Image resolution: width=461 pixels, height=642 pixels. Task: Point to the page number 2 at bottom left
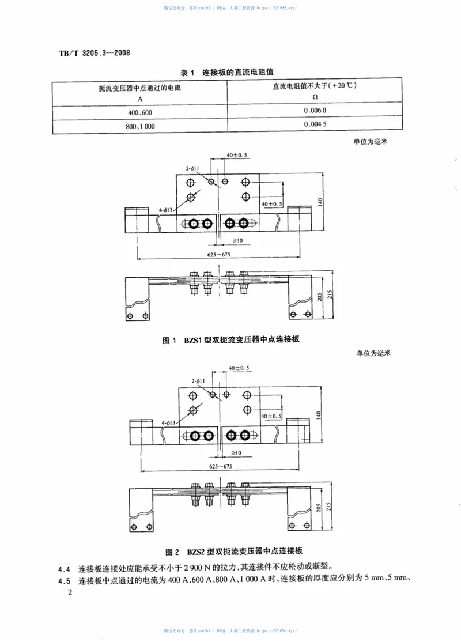pos(71,593)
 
